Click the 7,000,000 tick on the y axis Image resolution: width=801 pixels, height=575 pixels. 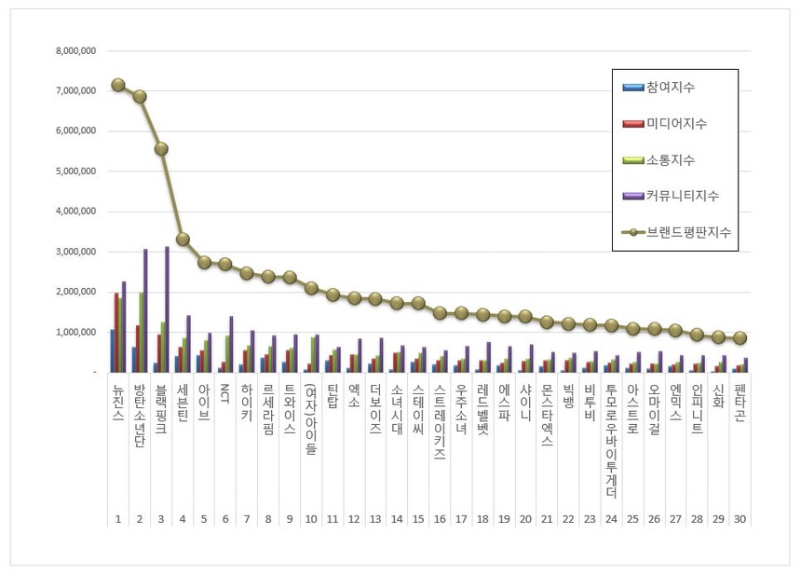74,91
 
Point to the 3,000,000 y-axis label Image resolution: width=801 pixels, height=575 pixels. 74,252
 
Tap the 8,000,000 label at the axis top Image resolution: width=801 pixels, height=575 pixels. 74,51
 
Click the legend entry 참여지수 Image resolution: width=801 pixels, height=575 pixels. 669,88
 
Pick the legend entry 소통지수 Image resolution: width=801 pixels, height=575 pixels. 669,159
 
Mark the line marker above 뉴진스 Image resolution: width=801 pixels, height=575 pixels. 118,85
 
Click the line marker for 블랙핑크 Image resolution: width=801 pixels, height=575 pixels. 161,149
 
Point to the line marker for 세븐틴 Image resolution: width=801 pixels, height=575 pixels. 183,240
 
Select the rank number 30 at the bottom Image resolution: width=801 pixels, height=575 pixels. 740,518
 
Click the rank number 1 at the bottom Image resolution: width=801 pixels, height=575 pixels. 118,518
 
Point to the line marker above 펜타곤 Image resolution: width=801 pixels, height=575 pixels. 740,337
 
